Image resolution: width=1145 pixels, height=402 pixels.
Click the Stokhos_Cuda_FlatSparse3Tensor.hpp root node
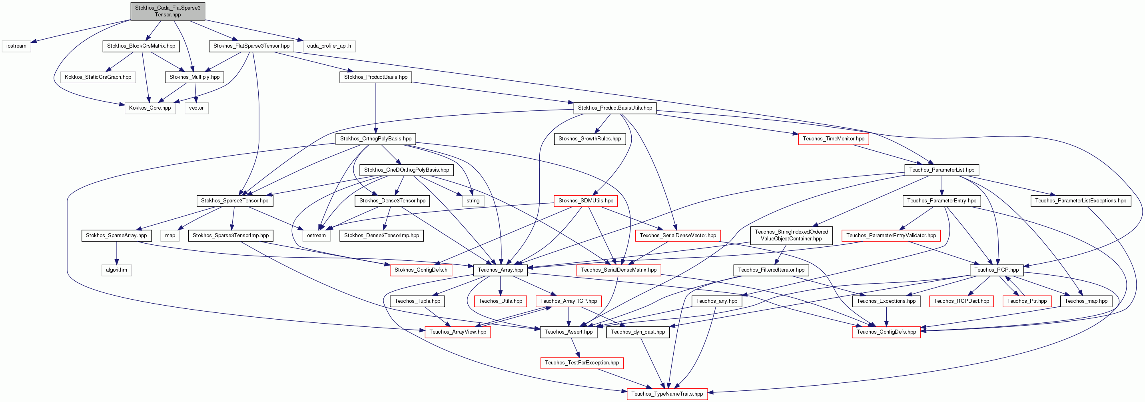pos(168,11)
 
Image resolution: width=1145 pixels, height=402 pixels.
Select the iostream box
pos(16,46)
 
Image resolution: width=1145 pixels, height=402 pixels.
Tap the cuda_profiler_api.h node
pos(329,46)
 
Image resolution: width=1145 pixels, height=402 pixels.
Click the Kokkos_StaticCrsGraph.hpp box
pos(98,77)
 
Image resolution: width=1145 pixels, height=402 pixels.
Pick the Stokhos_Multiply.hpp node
pos(195,77)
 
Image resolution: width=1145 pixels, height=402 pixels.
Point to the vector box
pos(196,108)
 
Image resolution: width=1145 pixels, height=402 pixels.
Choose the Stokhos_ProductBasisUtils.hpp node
pos(615,108)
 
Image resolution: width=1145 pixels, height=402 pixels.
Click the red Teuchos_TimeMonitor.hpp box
pos(834,139)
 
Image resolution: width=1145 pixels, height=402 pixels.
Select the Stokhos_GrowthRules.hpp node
pos(590,139)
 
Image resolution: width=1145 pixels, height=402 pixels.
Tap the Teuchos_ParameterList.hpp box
pos(942,170)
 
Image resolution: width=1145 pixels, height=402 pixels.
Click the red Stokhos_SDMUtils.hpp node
pos(586,200)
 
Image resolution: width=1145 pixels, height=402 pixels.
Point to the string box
pos(473,200)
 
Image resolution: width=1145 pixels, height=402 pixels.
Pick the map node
pos(170,235)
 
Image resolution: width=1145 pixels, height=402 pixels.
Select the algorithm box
pos(116,270)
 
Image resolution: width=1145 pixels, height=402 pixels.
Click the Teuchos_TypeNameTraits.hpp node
pos(667,394)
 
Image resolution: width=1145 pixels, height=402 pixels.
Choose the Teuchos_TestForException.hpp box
pos(582,363)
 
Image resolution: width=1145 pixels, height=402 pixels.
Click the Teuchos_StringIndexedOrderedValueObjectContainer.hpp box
pos(791,235)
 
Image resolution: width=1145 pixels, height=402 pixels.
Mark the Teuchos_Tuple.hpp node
pos(417,301)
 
